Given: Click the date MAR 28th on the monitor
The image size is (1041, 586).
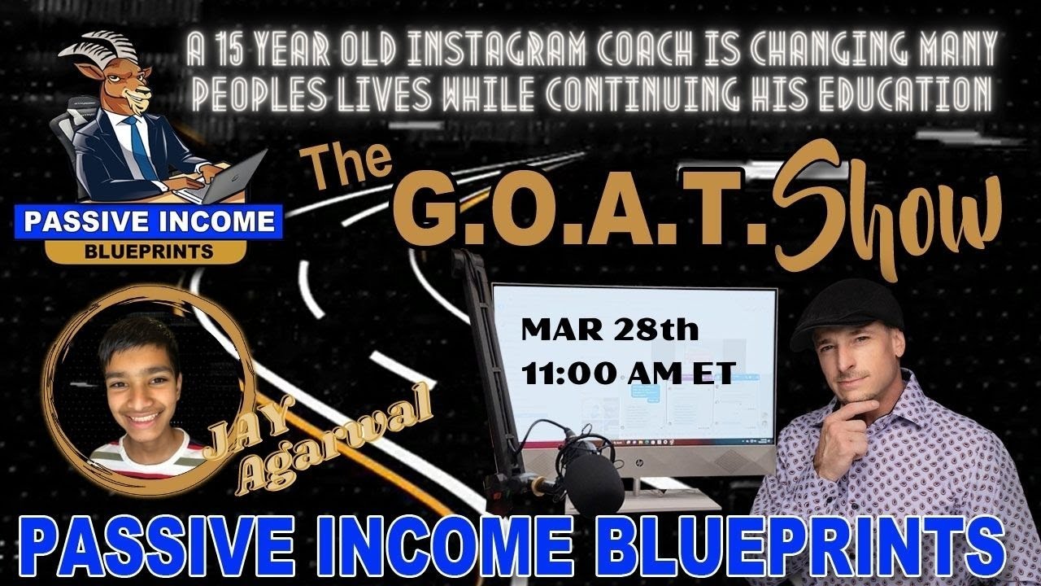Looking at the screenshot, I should pos(609,332).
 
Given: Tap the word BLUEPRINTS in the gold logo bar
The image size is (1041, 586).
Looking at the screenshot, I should pos(148,251).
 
